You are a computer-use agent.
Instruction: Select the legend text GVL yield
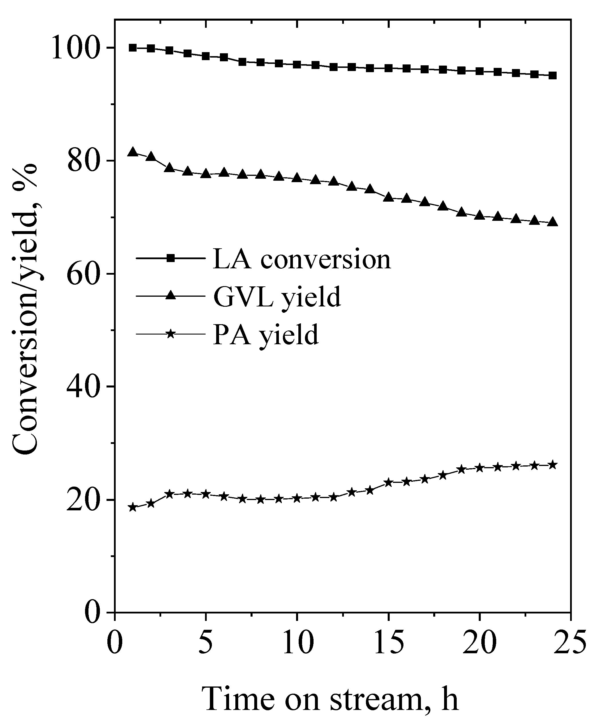(277, 296)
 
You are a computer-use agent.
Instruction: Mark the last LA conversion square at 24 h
(552, 76)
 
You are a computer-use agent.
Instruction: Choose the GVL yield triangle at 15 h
(388, 197)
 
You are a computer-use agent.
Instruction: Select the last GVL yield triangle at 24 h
(552, 221)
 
